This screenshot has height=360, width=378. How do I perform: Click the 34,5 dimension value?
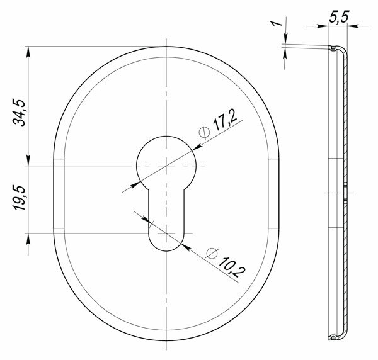click(x=19, y=113)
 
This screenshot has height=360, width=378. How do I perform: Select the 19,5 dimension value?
click(x=20, y=198)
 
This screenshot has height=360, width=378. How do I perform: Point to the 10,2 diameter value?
click(x=232, y=267)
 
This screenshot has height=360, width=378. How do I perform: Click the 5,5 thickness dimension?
click(x=339, y=18)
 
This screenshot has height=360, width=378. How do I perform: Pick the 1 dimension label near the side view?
click(x=277, y=23)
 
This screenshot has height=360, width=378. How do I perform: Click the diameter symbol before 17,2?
click(x=204, y=132)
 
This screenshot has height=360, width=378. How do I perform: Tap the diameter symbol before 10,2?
click(x=212, y=253)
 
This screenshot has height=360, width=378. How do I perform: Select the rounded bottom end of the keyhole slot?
click(x=166, y=251)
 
